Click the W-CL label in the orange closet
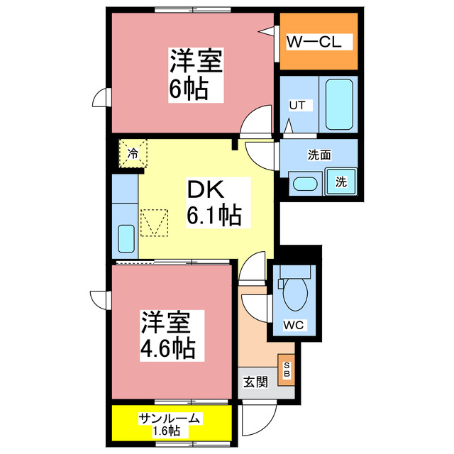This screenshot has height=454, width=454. tap(314, 43)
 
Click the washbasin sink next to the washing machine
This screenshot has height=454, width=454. tap(306, 183)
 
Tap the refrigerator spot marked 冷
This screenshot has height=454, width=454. tap(133, 153)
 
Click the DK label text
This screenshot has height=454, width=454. tap(206, 190)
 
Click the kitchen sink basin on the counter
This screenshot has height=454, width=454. tap(126, 238)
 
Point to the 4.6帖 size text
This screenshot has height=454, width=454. tap(167, 348)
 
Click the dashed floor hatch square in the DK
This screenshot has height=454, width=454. tap(155, 222)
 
